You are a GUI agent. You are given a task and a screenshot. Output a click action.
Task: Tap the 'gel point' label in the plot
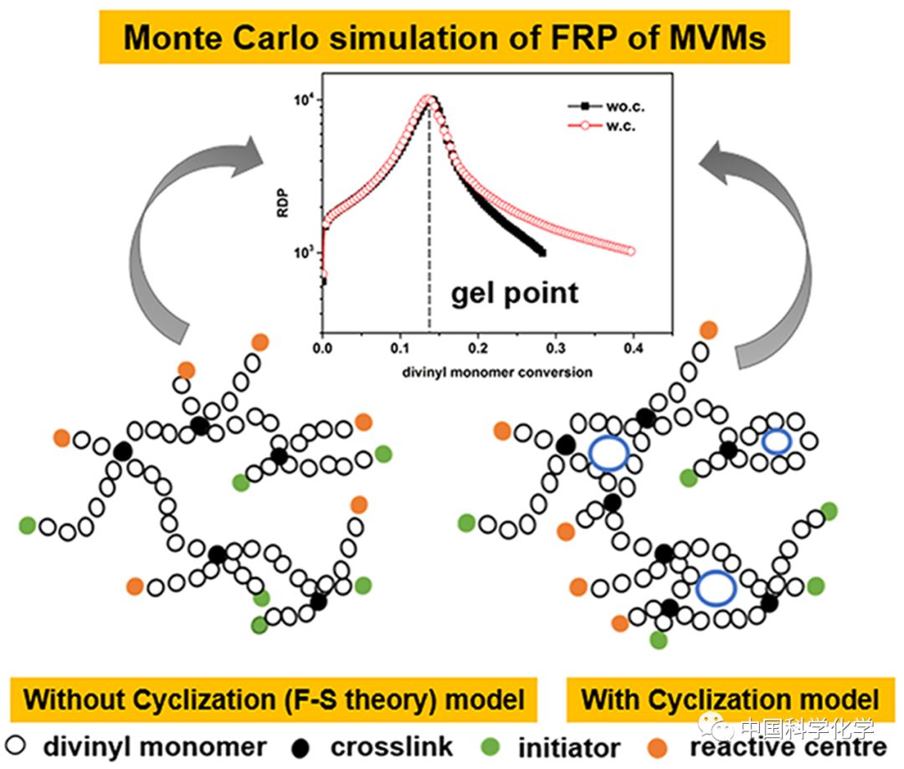pyautogui.click(x=515, y=293)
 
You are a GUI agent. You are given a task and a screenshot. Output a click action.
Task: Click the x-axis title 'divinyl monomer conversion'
pyautogui.click(x=496, y=371)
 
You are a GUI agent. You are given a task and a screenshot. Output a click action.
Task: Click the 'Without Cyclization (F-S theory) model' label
pyautogui.click(x=275, y=700)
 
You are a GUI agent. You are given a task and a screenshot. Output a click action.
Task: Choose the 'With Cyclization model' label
pyautogui.click(x=730, y=700)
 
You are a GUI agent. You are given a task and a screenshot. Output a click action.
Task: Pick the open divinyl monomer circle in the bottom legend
pyautogui.click(x=16, y=746)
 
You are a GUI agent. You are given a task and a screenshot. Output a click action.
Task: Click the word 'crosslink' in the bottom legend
pyautogui.click(x=392, y=746)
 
